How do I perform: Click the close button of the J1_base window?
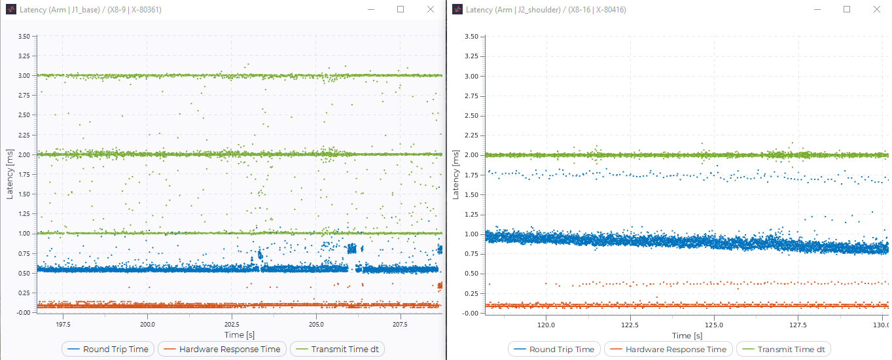coord(430,10)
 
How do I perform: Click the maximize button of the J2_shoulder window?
coord(847,10)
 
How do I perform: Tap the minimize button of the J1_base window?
coord(370,10)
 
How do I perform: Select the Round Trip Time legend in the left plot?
coord(109,349)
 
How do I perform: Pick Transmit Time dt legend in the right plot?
coord(784,350)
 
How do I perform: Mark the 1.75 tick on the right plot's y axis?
coord(471,175)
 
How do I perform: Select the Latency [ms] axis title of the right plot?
coord(455,175)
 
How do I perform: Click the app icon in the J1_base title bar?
coord(10,10)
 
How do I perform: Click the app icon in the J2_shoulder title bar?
coord(457,10)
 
